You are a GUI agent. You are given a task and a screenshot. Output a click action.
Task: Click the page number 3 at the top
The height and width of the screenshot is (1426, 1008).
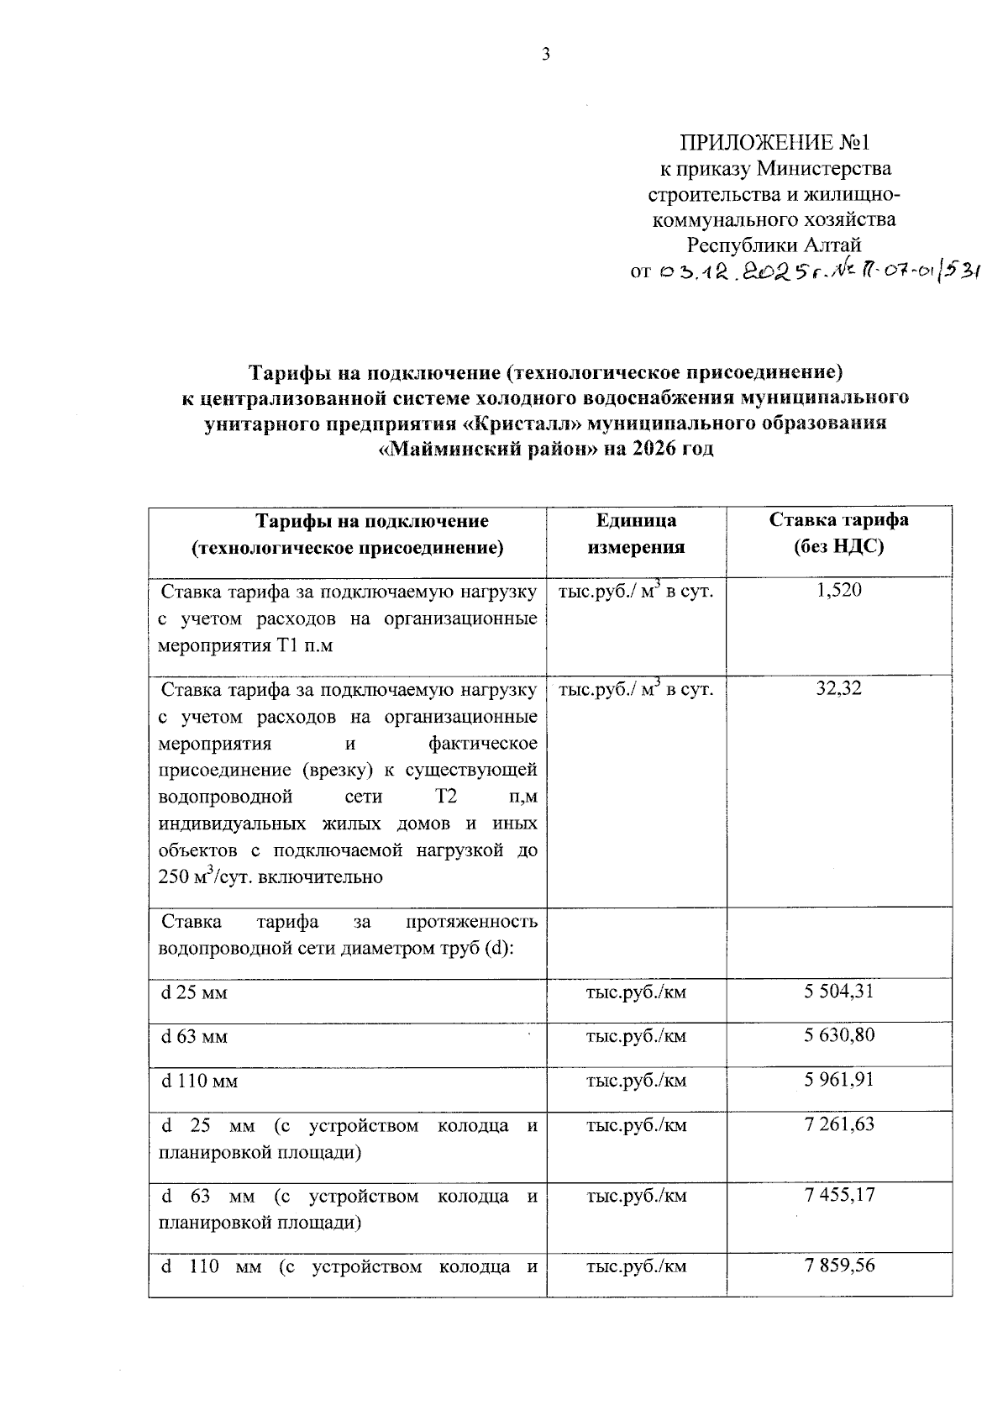546,55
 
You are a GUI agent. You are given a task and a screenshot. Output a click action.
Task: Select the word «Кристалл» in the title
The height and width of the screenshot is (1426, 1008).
519,424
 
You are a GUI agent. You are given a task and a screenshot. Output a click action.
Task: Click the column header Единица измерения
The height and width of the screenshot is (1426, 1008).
636,534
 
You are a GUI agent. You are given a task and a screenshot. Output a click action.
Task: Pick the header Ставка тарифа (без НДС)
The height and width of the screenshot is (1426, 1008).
839,534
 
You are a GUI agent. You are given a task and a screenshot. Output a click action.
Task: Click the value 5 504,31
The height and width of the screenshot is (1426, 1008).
838,992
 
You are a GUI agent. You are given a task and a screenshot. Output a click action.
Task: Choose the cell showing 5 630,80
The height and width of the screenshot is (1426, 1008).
838,1035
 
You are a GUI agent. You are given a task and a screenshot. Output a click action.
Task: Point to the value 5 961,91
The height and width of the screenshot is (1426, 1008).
838,1079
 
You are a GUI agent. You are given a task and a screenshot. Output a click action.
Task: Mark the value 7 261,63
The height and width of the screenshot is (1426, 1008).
838,1124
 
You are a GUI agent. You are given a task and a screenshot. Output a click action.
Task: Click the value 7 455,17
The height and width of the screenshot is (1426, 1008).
838,1194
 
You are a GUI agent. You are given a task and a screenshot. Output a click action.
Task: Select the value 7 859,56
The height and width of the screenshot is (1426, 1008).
838,1265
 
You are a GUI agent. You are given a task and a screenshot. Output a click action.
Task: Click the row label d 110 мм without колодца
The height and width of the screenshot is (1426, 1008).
199,1081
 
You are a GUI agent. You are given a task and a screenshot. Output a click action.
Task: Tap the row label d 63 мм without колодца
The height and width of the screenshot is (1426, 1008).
194,1037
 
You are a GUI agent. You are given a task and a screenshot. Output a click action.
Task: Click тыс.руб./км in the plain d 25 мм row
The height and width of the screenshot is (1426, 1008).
636,992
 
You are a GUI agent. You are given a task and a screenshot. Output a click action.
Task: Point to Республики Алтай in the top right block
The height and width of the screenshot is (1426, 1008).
774,245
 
